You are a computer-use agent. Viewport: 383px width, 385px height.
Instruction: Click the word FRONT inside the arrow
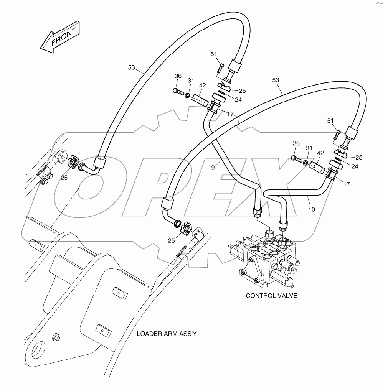(64, 37)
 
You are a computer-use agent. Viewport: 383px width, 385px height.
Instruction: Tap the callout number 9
(213, 168)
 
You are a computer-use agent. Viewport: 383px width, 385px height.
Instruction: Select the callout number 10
(312, 209)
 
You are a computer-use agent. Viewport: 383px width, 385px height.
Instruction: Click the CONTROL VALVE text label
(271, 296)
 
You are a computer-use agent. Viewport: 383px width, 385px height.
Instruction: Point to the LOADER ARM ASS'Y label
(167, 334)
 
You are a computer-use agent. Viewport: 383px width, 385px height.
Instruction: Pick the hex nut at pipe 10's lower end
(283, 225)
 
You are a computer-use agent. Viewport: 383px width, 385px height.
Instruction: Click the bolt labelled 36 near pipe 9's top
(178, 92)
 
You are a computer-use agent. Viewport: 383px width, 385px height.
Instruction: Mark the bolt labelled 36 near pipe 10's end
(297, 159)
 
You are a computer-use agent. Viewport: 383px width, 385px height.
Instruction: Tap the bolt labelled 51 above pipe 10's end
(337, 135)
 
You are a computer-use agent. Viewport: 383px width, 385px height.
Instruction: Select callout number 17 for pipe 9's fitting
(230, 114)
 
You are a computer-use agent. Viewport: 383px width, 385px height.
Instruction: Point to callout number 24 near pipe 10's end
(355, 166)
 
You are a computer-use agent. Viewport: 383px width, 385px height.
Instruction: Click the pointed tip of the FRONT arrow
(41, 48)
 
